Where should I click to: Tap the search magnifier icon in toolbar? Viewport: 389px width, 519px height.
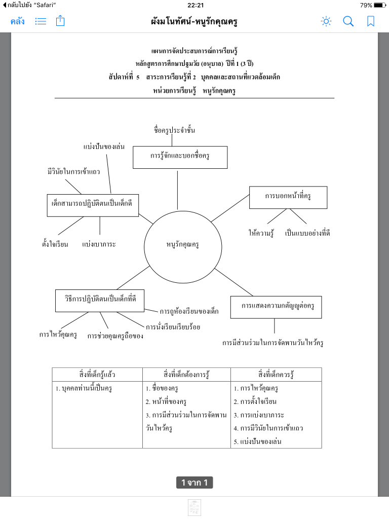[x=348, y=21]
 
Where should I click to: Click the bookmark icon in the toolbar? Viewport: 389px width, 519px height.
[x=371, y=21]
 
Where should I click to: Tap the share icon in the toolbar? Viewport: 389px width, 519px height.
[x=60, y=21]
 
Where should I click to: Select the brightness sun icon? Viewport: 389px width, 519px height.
[x=326, y=21]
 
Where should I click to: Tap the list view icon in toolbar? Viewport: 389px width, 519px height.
[x=41, y=21]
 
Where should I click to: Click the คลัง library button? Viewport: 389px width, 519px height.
[x=18, y=21]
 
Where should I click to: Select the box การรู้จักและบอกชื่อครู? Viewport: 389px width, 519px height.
[x=180, y=157]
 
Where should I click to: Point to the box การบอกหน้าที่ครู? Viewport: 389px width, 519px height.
[x=288, y=197]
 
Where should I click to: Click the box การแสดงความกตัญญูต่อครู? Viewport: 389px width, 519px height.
[x=276, y=307]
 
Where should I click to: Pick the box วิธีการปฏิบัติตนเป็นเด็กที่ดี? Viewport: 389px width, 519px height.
[x=99, y=300]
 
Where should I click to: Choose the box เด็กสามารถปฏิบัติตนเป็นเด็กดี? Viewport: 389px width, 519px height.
[x=92, y=205]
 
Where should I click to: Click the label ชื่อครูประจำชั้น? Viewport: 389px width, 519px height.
[x=174, y=131]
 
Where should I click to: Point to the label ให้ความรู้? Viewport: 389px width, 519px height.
[x=261, y=233]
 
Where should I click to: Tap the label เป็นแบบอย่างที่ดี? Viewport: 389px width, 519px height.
[x=308, y=233]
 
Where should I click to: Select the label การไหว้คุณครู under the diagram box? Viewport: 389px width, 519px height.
[x=58, y=335]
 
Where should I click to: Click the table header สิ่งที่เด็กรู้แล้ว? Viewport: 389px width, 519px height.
[x=97, y=375]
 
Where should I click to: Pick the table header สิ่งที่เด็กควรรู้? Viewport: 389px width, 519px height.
[x=276, y=375]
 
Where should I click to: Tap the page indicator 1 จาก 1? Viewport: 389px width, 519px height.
[x=194, y=483]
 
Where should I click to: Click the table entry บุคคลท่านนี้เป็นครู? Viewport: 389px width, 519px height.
[x=84, y=389]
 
